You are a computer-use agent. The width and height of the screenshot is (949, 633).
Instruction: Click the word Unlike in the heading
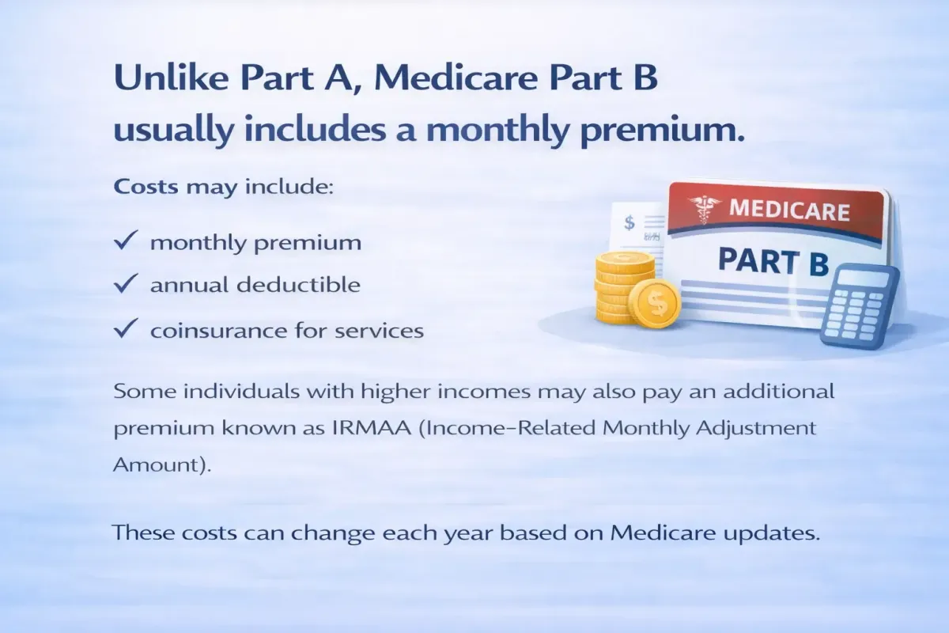[x=171, y=78]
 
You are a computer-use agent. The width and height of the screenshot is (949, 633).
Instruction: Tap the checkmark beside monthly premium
[x=126, y=240]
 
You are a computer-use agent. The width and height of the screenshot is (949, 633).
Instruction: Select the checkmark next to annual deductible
[x=126, y=282]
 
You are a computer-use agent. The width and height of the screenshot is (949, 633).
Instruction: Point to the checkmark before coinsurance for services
[x=126, y=328]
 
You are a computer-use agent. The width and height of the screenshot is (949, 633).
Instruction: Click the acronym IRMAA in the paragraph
[x=372, y=428]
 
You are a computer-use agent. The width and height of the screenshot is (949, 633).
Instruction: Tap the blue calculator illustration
[x=860, y=306]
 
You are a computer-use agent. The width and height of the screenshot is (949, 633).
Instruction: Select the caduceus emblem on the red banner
[x=703, y=209]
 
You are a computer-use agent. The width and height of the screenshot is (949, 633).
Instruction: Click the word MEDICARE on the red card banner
[x=789, y=210]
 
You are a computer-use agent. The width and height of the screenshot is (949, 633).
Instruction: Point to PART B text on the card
[x=773, y=262]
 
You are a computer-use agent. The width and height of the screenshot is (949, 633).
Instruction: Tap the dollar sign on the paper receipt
[x=630, y=222]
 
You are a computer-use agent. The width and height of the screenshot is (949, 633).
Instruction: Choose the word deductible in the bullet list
[x=298, y=284]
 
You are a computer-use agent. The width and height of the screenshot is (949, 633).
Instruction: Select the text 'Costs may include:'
[x=224, y=187]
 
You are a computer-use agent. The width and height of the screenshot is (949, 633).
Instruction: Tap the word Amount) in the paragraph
[x=162, y=464]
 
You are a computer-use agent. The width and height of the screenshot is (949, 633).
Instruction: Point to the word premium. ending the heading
[x=662, y=131]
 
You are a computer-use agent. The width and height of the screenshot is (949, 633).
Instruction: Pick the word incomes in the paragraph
[x=484, y=392]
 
